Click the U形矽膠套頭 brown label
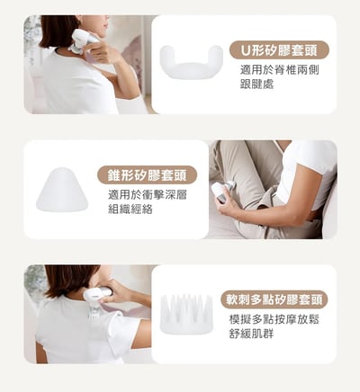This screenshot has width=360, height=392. pyautogui.click(x=279, y=50)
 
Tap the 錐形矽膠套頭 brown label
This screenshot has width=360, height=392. pyautogui.click(x=147, y=175)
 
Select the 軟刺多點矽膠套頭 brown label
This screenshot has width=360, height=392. pyautogui.click(x=274, y=299)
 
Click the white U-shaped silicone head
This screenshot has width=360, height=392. pyautogui.click(x=192, y=62)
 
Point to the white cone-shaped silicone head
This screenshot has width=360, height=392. pyautogui.click(x=62, y=190)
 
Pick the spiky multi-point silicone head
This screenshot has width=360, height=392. pyautogui.click(x=186, y=314)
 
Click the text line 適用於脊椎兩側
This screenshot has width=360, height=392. pyautogui.click(x=279, y=70)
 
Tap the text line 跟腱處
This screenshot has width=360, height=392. pyautogui.click(x=256, y=85)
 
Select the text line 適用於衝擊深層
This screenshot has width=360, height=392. pyautogui.click(x=148, y=195)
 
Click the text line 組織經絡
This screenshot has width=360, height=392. pyautogui.click(x=130, y=209)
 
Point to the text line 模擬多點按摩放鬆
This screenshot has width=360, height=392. pyautogui.click(x=274, y=319)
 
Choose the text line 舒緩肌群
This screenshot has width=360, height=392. pyautogui.click(x=251, y=334)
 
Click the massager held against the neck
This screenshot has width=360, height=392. pyautogui.click(x=83, y=41)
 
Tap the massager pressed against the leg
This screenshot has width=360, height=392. pyautogui.click(x=222, y=192)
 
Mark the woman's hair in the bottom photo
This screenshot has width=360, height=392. pyautogui.click(x=69, y=281)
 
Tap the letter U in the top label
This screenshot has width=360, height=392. pyautogui.click(x=246, y=50)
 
